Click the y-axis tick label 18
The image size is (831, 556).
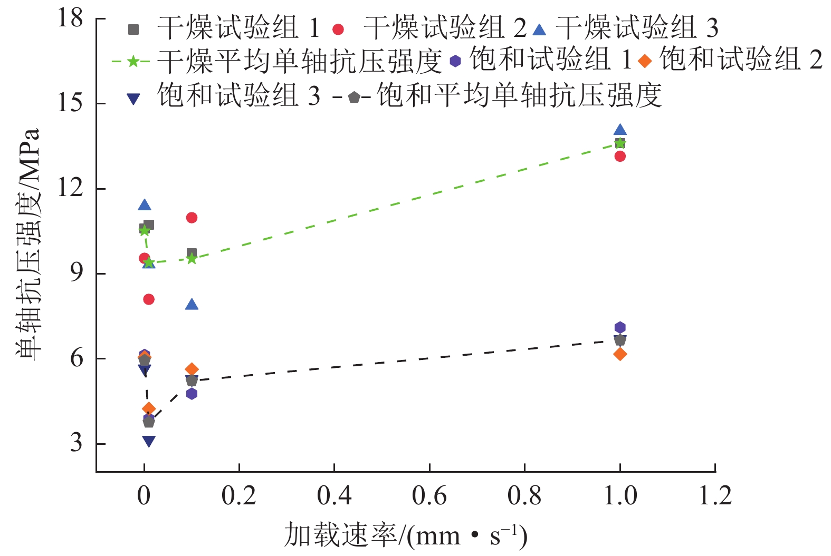71,18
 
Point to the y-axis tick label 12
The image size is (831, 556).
71,188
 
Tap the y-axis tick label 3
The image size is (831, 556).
77,443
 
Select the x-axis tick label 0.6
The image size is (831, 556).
429,496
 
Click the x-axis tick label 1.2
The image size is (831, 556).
715,496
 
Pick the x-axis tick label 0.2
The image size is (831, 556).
239,496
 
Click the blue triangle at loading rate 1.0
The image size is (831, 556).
620,130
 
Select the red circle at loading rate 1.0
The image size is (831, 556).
620,156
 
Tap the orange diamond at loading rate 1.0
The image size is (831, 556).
620,354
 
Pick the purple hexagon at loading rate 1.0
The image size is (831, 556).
620,328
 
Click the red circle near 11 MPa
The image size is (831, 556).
192,218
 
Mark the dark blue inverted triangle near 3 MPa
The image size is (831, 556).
149,441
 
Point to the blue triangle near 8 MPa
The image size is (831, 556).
192,305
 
